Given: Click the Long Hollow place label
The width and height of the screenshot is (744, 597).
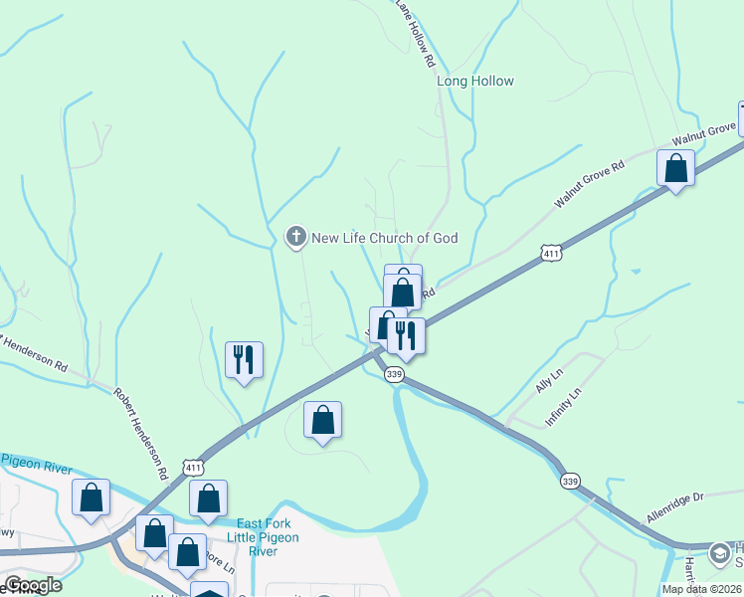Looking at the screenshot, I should click(475, 82).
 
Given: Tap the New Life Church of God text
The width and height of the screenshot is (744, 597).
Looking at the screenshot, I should click(384, 238).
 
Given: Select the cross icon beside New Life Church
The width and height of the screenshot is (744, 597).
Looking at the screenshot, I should click(295, 237).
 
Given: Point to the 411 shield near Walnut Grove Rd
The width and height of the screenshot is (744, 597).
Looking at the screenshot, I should click(552, 255).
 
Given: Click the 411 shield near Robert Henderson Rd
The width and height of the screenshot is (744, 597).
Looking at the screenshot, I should click(195, 466).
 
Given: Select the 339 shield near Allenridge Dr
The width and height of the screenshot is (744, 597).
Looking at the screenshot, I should click(569, 482).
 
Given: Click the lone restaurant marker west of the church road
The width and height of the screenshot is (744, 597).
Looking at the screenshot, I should click(245, 359).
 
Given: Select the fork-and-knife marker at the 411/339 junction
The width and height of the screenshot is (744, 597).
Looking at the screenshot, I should click(406, 334).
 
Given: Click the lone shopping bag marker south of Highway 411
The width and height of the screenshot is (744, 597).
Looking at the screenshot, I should click(322, 420).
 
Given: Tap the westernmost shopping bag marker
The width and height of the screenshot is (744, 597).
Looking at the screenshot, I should click(92, 498).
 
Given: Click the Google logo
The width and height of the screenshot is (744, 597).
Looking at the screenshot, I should click(32, 585).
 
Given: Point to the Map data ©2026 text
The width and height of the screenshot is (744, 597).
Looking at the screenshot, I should click(701, 589).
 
